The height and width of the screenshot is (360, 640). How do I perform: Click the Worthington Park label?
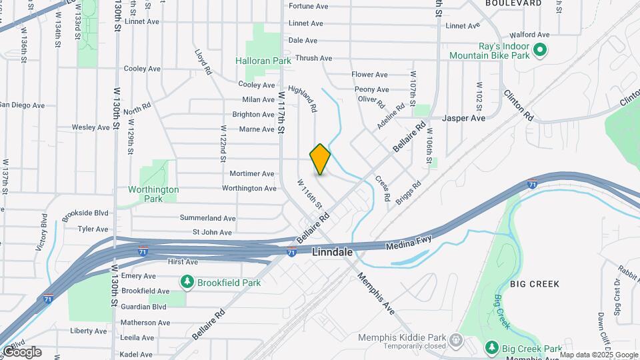(153, 194)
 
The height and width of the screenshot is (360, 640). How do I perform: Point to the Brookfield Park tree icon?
(188, 282)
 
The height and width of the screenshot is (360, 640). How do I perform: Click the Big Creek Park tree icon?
(492, 347)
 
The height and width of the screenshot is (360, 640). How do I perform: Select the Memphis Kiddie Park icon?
(456, 340)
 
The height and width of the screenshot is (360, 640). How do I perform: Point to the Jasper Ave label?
(464, 118)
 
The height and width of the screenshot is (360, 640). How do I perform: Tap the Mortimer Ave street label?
(251, 173)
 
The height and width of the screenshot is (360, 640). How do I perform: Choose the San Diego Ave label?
(21, 105)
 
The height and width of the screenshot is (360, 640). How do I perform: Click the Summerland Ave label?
(207, 218)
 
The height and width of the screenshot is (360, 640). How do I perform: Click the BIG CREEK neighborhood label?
(535, 284)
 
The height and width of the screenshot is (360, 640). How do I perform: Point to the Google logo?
(21, 352)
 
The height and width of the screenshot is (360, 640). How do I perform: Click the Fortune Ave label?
(308, 7)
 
